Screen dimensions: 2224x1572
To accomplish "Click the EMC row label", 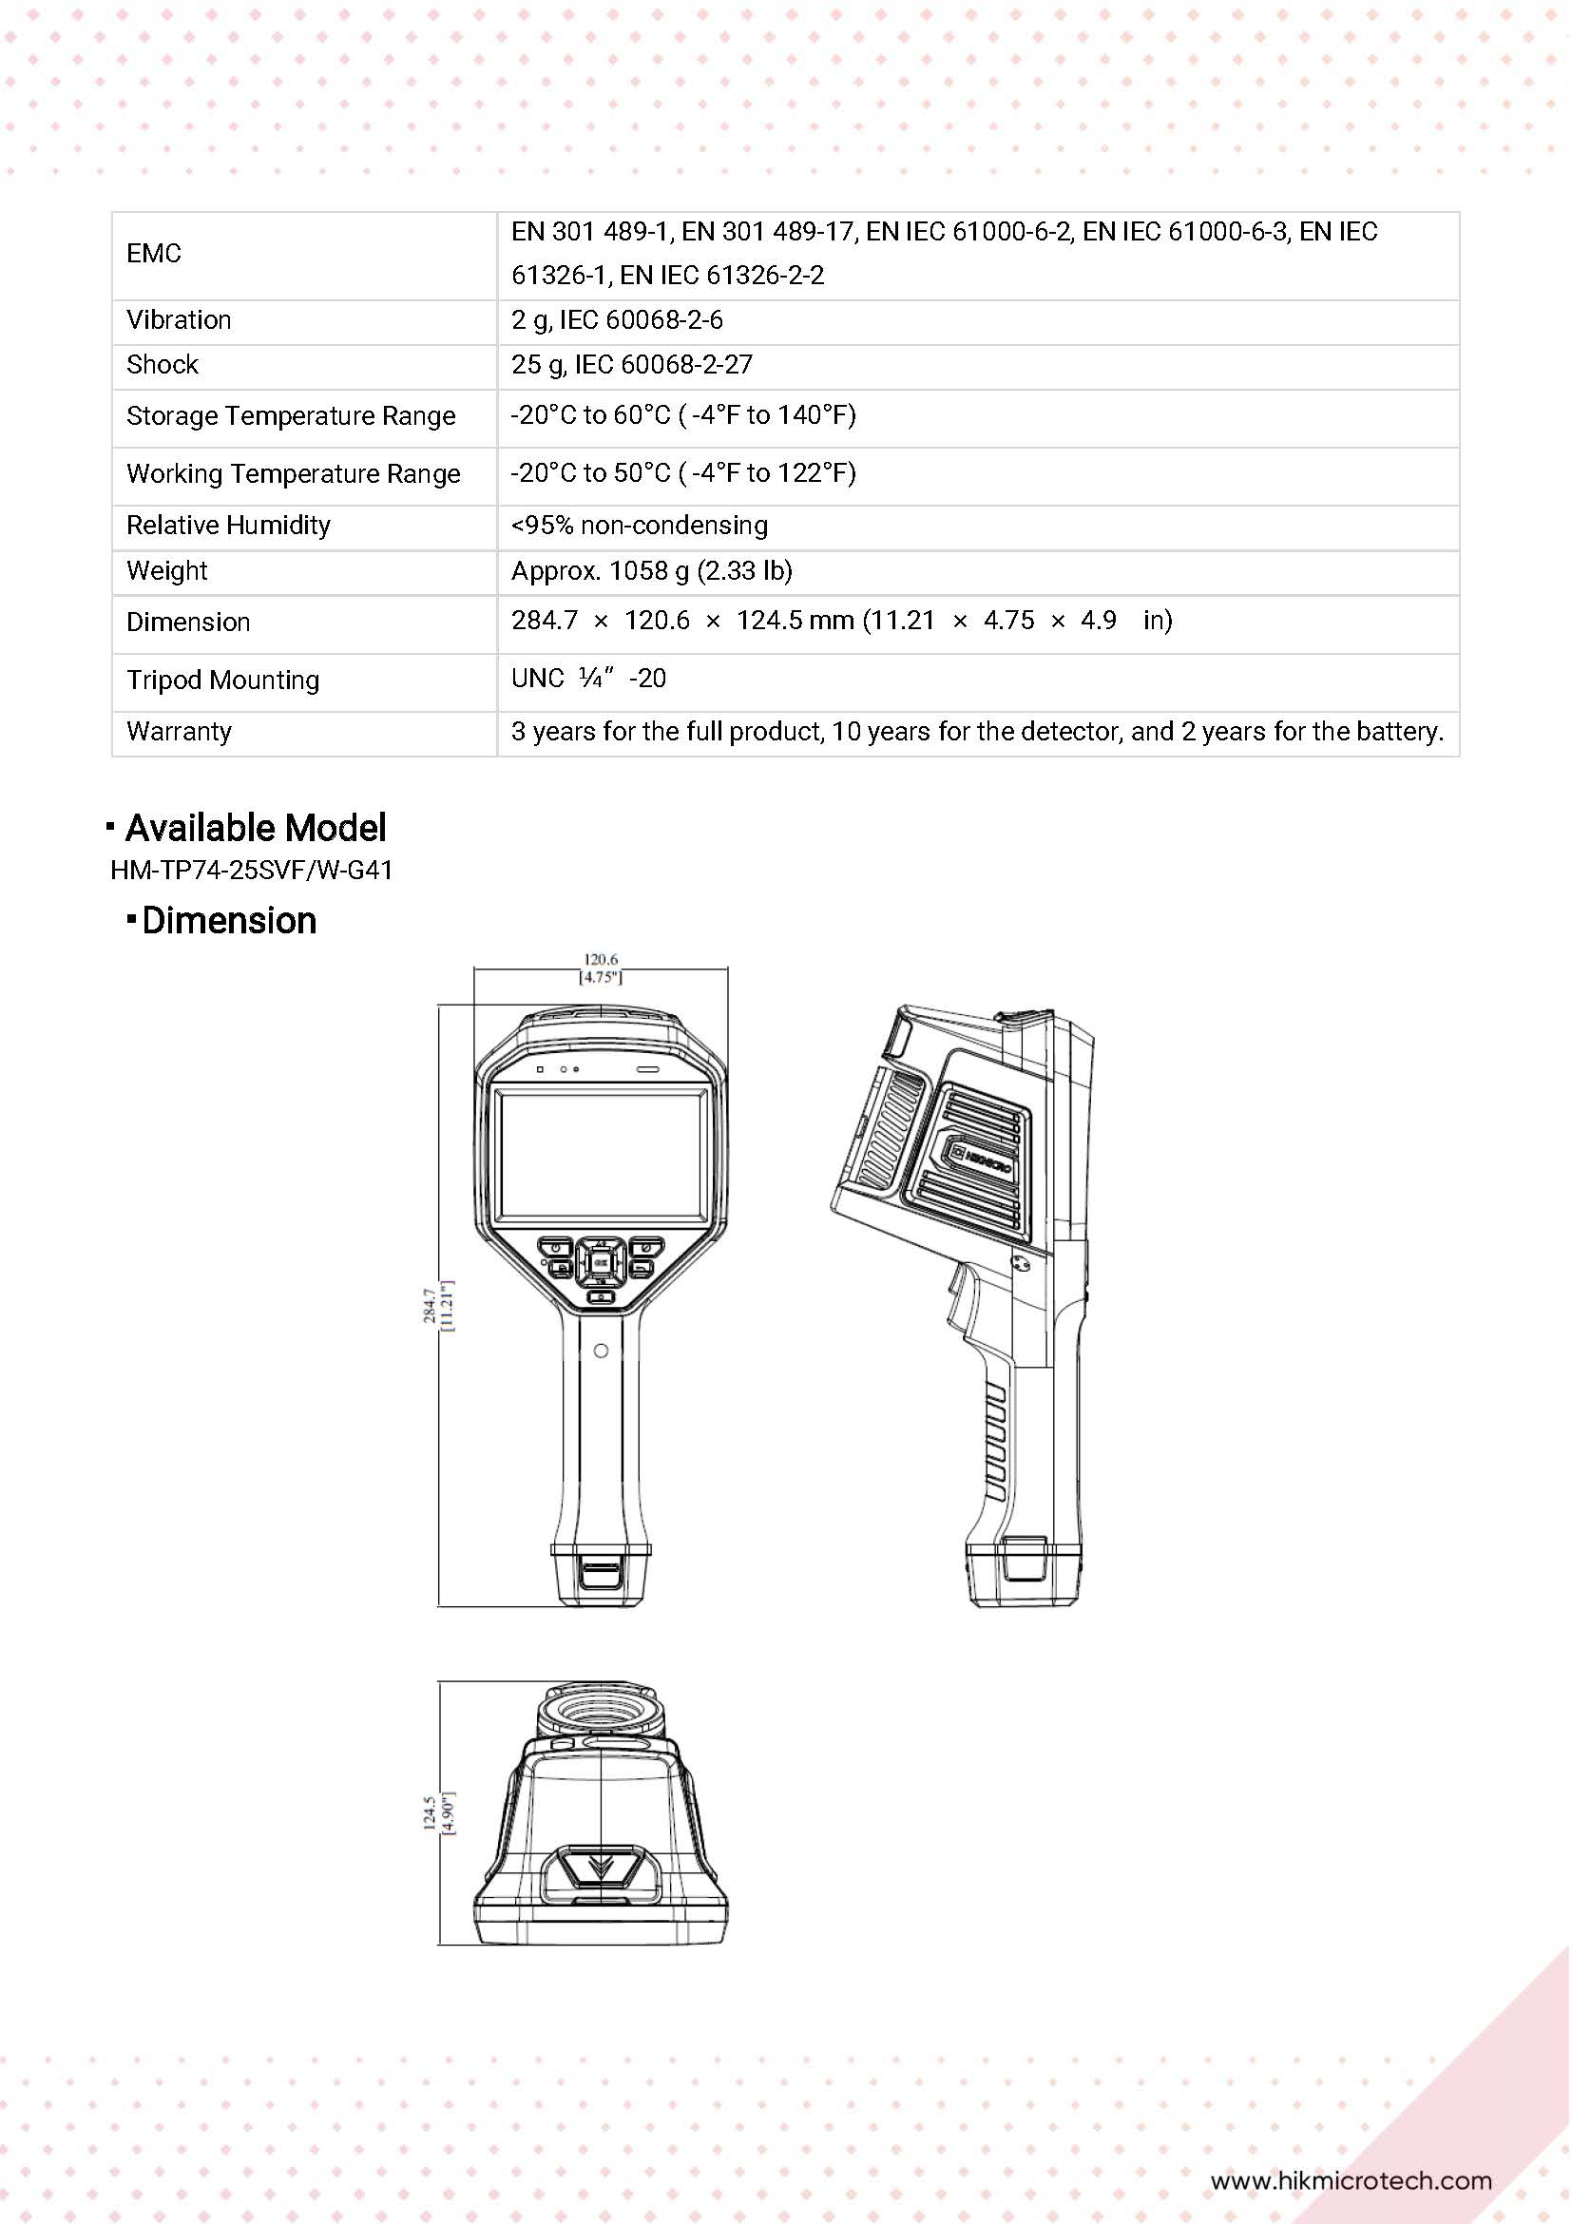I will point(154,254).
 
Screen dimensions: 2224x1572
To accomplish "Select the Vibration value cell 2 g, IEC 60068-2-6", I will point(616,320).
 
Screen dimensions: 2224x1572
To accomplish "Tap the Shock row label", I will point(162,365).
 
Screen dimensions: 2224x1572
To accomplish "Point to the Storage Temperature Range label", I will point(291,416).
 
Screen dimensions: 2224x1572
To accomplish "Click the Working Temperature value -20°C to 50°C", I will point(682,473).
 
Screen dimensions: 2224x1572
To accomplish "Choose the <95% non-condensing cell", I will point(640,526).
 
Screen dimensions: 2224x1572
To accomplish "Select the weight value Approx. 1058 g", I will point(651,571).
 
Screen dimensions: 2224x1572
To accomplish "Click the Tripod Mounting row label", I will point(222,681).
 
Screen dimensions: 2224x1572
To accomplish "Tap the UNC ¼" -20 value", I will point(588,679).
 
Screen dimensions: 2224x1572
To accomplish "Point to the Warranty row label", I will point(180,732).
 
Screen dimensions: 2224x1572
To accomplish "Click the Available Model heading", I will point(255,828).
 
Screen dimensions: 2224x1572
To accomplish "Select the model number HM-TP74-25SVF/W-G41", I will point(252,871).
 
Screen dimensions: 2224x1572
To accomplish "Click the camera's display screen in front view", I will point(602,1153).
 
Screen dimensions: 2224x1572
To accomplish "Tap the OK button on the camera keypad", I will point(601,1262).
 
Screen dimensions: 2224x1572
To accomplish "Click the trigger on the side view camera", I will point(962,1303).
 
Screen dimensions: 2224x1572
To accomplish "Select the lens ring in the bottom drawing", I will point(601,1711).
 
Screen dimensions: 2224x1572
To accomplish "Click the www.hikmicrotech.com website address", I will point(1351,2180).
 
